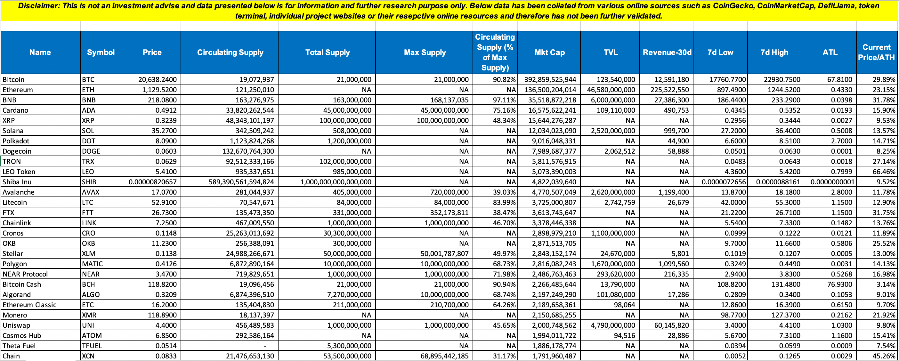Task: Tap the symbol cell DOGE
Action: coord(91,151)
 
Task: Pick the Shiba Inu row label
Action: coord(17,182)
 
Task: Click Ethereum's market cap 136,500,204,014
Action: coord(550,90)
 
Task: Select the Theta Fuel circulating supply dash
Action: coord(265,346)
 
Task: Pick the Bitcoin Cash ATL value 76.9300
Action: coord(839,284)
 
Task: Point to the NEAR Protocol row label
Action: coord(25,274)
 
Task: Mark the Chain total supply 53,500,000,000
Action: coord(345,356)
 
